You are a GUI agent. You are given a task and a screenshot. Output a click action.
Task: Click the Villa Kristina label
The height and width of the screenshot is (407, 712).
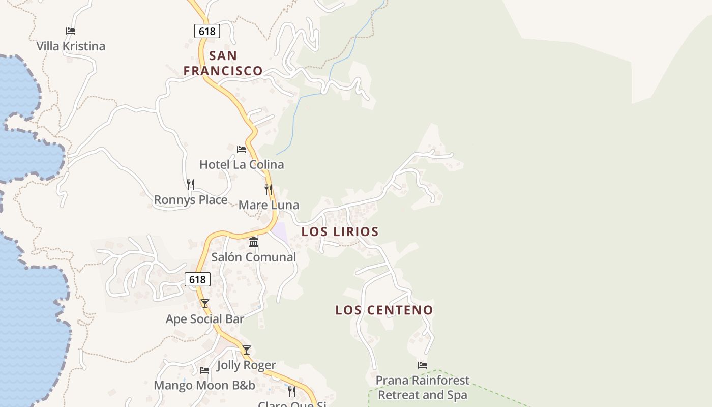71,46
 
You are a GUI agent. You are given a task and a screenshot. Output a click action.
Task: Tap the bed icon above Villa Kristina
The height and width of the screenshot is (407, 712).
71,31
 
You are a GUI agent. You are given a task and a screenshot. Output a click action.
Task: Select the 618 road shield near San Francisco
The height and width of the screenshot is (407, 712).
207,31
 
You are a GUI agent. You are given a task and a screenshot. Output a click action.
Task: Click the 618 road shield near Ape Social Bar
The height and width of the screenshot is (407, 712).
197,279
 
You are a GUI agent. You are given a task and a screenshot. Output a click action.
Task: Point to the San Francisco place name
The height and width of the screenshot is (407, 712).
223,63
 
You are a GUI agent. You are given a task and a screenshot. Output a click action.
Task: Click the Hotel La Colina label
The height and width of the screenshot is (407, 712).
242,164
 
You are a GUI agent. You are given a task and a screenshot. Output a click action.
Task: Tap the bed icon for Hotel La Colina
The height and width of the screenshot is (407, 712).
242,150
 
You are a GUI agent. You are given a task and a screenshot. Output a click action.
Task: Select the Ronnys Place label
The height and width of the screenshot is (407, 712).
191,200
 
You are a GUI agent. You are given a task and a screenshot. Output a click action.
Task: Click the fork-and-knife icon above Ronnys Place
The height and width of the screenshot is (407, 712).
191,184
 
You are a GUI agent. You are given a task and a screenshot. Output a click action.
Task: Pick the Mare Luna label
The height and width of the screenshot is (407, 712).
269,205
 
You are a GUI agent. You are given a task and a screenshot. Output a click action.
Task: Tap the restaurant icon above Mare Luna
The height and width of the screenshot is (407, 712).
269,190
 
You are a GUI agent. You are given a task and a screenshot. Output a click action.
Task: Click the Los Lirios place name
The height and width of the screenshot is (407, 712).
340,231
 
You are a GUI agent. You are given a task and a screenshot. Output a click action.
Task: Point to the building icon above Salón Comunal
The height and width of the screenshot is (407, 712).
254,242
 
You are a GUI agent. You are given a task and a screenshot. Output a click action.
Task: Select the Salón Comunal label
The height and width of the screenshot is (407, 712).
254,257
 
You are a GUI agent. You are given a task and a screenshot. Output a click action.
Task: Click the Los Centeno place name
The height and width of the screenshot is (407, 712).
384,310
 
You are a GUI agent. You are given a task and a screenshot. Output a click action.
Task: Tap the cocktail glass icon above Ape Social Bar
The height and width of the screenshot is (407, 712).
205,304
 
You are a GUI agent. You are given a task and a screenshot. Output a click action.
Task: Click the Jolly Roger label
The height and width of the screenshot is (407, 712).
246,365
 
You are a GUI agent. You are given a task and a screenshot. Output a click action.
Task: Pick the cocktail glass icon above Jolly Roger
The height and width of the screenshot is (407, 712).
247,350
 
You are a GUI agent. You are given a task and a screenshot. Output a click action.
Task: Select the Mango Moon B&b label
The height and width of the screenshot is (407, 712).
204,385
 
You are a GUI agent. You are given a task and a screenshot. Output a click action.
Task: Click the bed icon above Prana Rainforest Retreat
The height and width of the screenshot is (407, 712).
423,365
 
